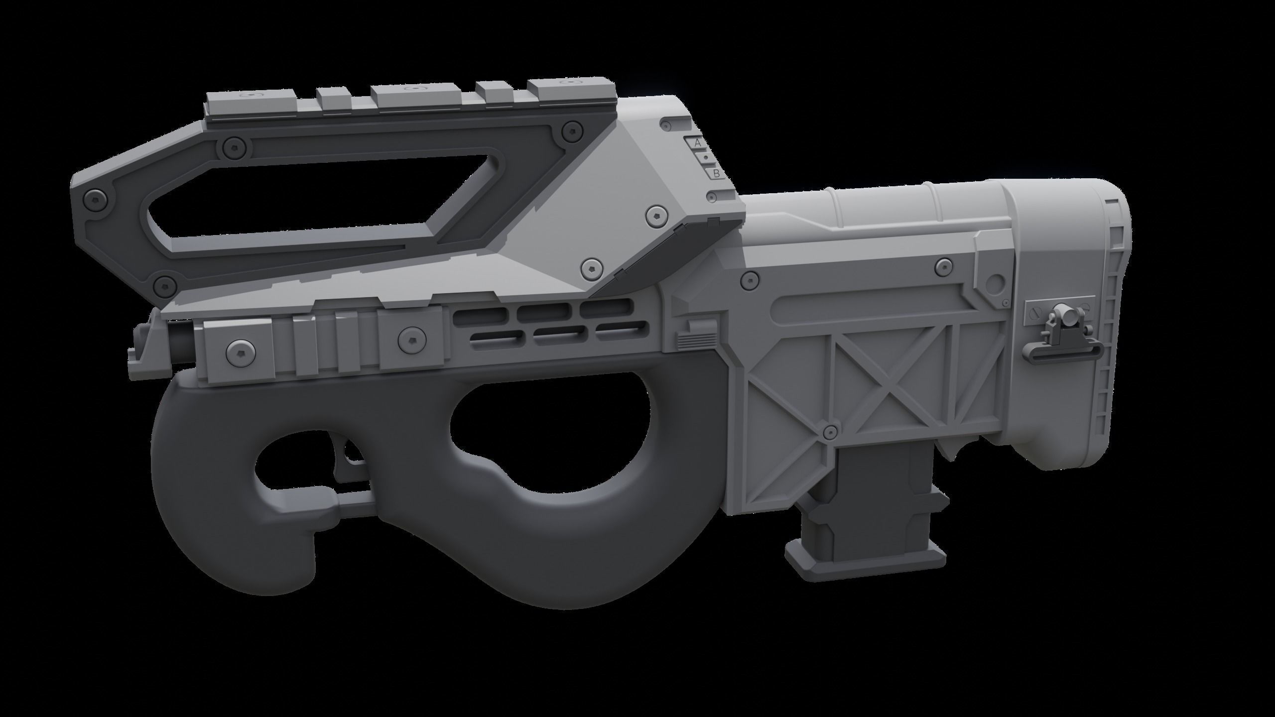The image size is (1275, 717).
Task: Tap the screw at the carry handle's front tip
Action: (x=95, y=198)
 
